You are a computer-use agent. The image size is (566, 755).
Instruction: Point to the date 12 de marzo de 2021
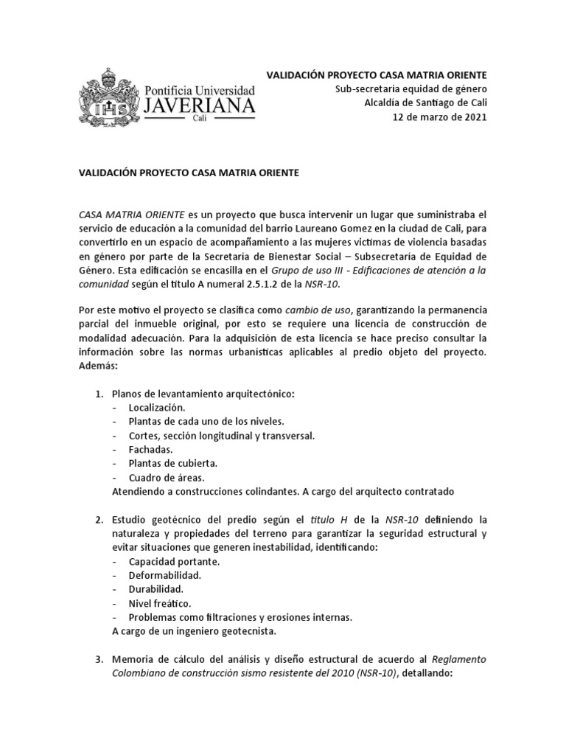tap(439, 117)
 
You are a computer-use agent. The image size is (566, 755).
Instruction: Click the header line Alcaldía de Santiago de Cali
tap(426, 103)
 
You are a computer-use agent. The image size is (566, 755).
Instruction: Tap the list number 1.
tap(100, 394)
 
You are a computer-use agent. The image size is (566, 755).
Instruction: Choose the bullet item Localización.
tap(157, 408)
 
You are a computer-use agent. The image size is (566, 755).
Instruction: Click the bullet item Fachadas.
tap(151, 449)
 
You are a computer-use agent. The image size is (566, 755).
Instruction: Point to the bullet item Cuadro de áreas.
tap(166, 477)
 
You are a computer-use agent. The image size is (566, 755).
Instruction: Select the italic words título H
tap(325, 520)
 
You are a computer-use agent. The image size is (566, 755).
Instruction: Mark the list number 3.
tap(100, 658)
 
